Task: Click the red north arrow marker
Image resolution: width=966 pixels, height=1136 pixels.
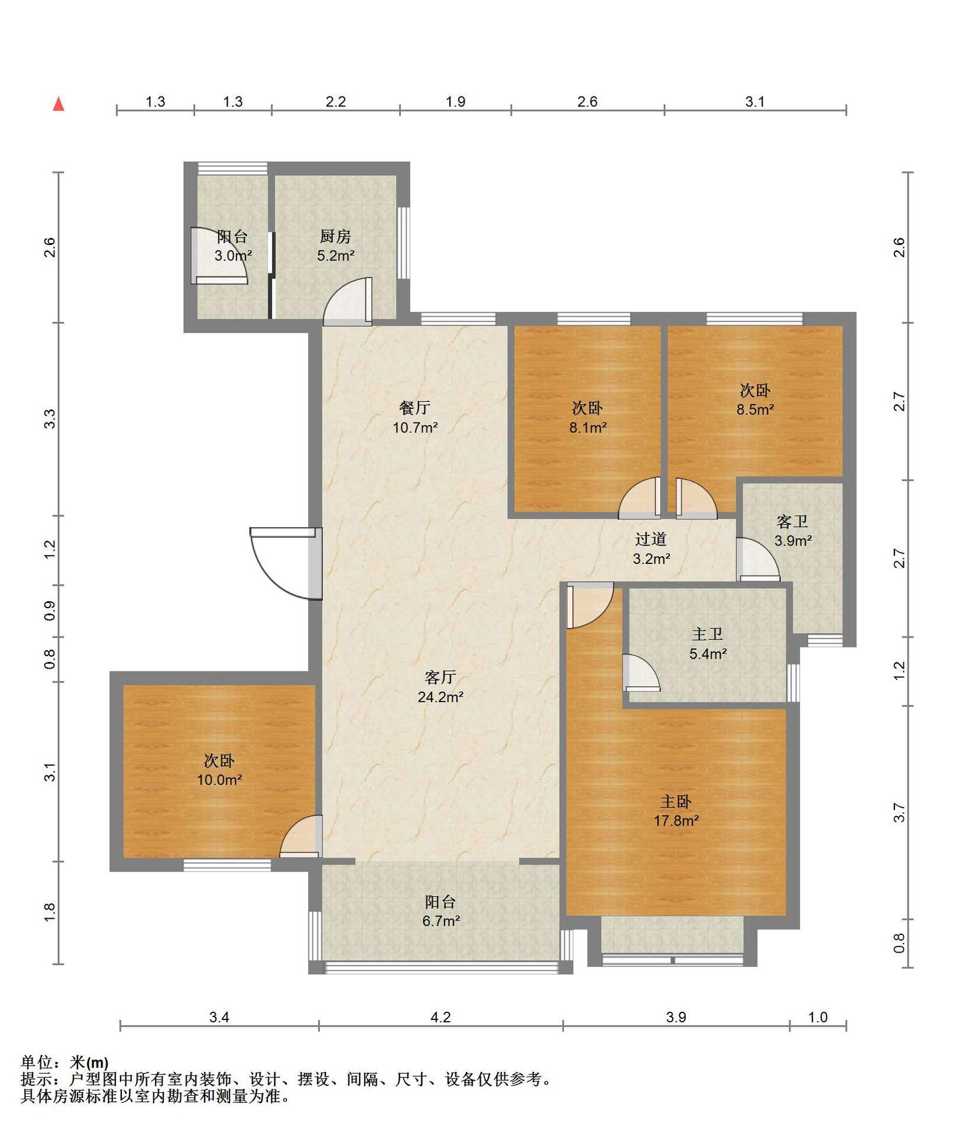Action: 59,104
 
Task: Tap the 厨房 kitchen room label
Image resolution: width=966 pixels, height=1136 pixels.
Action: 335,237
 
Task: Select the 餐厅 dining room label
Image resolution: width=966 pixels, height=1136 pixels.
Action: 415,408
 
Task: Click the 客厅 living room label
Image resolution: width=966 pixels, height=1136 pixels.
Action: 440,677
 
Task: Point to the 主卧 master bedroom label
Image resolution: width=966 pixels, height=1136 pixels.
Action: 676,802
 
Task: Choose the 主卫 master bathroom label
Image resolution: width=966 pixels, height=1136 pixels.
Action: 708,634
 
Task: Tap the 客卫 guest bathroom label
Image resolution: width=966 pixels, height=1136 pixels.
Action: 792,521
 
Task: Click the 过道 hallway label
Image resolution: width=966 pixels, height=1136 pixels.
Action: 651,539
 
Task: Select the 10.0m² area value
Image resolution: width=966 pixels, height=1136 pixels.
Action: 219,780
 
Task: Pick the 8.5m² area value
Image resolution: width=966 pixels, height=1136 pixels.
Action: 755,409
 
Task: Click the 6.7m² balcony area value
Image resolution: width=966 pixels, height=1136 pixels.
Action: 441,921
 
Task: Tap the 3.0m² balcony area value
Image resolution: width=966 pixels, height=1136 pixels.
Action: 233,256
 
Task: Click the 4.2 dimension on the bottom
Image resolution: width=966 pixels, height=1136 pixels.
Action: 440,1017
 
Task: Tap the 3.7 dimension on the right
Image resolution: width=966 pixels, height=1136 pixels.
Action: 899,813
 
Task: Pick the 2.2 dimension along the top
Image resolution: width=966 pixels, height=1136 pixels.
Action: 336,102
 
